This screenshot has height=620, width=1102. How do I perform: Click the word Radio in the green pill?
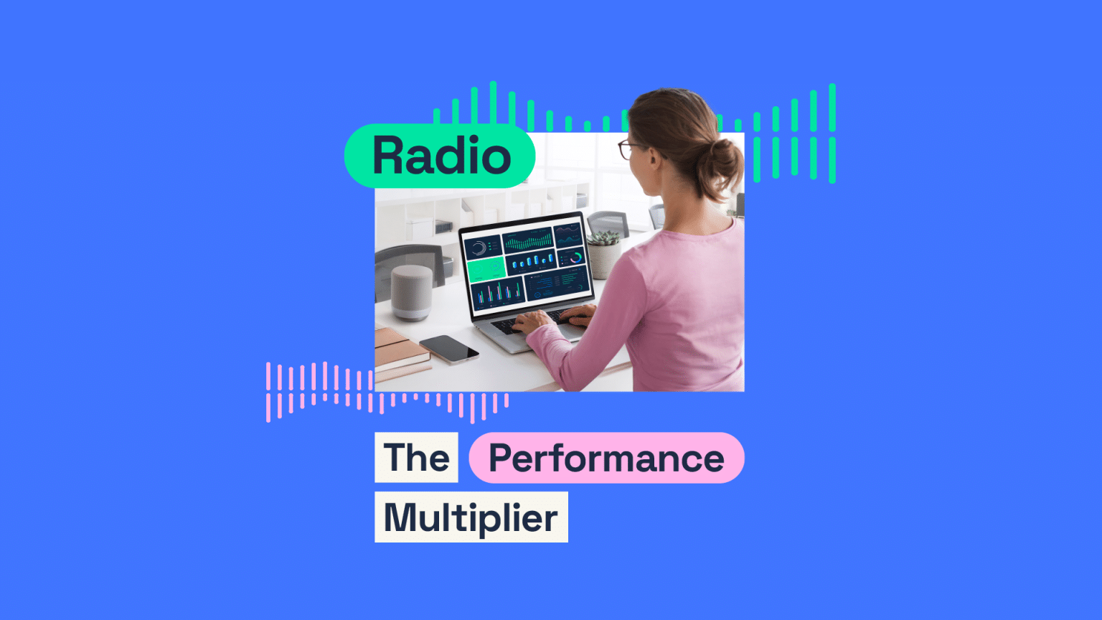click(x=441, y=156)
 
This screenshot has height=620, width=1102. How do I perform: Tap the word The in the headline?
click(x=416, y=458)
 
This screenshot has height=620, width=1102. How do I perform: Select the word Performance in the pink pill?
click(x=606, y=459)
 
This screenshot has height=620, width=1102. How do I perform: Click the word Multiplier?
click(x=471, y=517)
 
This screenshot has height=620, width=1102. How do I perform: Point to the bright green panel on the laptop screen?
click(x=486, y=268)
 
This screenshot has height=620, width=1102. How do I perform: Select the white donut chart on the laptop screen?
click(x=479, y=248)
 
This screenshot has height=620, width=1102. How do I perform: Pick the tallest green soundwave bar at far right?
click(x=832, y=108)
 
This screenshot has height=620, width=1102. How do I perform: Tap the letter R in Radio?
click(x=388, y=156)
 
